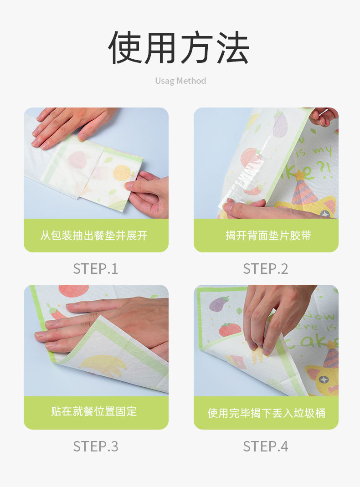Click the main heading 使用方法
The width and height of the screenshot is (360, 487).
point(179,47)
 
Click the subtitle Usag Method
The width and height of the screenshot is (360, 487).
point(180,81)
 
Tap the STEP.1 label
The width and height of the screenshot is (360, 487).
point(96,269)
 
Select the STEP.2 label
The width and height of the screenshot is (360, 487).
point(266,269)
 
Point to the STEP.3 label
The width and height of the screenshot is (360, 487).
point(96,446)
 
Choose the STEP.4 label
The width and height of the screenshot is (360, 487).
point(266,446)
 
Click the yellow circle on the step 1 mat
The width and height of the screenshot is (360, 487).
point(122,173)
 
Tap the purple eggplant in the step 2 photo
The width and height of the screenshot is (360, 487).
point(280,124)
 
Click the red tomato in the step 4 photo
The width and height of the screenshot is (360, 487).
point(230,329)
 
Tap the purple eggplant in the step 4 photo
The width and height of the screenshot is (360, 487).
point(219,303)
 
